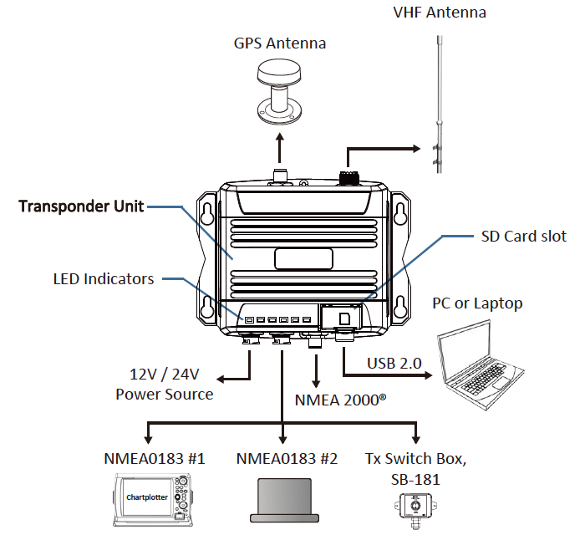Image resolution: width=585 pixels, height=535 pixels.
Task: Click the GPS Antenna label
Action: click(280, 43)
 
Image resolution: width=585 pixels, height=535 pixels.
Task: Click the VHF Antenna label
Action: click(439, 13)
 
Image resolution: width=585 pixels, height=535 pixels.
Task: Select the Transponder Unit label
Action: click(81, 206)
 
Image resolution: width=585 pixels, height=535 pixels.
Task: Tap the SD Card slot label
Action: click(524, 237)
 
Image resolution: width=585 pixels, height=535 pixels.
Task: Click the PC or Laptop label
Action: click(477, 303)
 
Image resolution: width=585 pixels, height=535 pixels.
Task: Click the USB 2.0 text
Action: click(394, 363)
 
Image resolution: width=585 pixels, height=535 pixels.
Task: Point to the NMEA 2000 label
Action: click(340, 400)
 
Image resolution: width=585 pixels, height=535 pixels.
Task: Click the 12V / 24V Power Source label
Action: click(164, 385)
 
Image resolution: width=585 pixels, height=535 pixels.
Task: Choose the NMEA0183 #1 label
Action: click(151, 459)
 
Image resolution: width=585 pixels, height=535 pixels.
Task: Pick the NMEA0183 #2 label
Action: click(286, 459)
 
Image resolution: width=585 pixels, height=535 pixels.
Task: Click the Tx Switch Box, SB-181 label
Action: click(416, 468)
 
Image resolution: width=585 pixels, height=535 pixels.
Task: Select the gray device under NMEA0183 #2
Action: click(286, 501)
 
